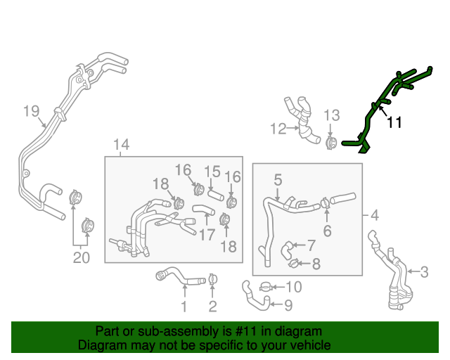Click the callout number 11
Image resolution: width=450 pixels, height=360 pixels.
[395, 122]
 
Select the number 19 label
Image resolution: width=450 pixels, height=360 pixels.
[30, 110]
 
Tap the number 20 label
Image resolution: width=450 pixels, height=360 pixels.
[82, 258]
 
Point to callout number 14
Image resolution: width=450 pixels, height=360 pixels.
[121, 146]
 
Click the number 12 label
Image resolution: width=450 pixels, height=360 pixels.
[278, 128]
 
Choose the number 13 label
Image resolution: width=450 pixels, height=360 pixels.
[331, 115]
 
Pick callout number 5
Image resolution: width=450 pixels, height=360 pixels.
[278, 180]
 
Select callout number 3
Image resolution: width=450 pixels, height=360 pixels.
[424, 271]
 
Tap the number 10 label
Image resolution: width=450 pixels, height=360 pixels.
[294, 286]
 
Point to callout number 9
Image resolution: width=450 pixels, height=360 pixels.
[288, 304]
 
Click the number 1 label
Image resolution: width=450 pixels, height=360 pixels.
[184, 306]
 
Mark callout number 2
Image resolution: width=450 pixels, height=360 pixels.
[212, 306]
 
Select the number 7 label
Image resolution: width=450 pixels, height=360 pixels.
[311, 245]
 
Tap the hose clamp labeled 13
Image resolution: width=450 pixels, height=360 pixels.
[330, 143]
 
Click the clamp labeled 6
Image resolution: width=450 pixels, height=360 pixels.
[325, 204]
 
